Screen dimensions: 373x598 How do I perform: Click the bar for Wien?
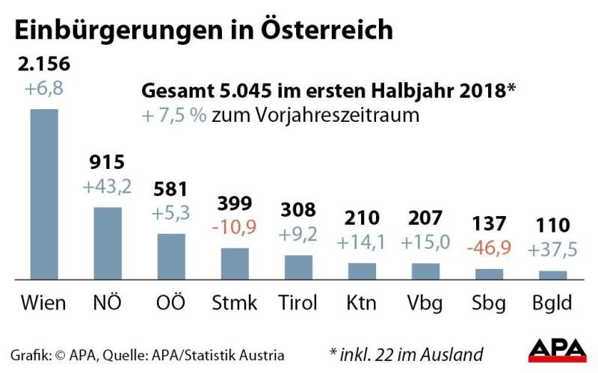[x=43, y=194]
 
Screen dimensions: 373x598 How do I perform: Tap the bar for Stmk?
[x=235, y=262]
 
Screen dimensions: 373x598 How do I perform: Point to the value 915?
[x=107, y=162]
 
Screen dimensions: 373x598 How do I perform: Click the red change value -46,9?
[x=490, y=247]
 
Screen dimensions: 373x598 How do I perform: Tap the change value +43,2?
[x=107, y=186]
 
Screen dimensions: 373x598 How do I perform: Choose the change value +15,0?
[x=425, y=244]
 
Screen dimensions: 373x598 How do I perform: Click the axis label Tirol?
[x=298, y=303]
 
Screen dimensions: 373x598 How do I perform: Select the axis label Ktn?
[x=362, y=303]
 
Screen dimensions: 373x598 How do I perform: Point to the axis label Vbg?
[x=425, y=303]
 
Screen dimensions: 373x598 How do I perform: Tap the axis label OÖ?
[x=170, y=303]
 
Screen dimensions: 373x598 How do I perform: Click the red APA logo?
[x=557, y=350]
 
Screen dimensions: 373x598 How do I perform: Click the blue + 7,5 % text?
[x=174, y=116]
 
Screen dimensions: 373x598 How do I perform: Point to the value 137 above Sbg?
[x=490, y=224]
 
